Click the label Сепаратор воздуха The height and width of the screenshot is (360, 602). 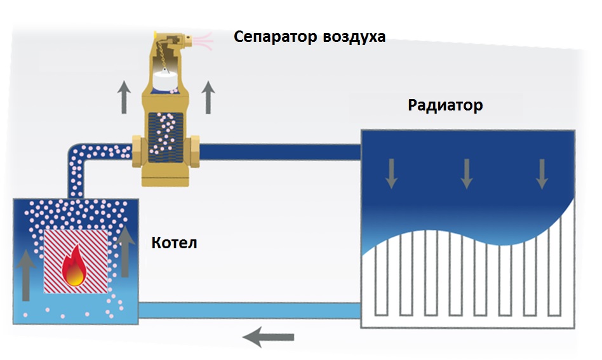click(309, 37)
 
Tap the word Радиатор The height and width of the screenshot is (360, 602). click(445, 105)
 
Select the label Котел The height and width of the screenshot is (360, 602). click(174, 243)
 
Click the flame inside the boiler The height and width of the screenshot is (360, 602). click(74, 267)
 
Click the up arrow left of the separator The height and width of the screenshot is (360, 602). click(124, 97)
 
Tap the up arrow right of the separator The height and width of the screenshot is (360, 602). click(208, 97)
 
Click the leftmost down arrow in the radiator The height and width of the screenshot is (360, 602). click(391, 173)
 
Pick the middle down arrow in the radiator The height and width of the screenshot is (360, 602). click(467, 173)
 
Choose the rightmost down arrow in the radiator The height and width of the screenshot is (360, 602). click(542, 173)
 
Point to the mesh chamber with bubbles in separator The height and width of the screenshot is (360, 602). click(164, 135)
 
